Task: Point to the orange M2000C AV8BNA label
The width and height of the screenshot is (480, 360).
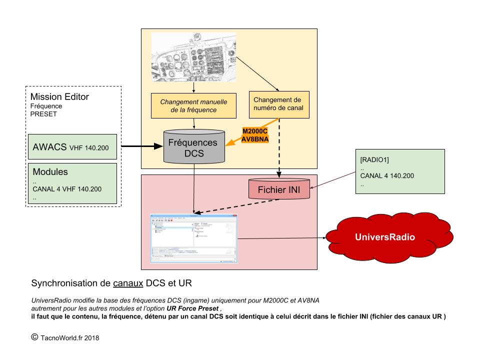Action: [x=255, y=135]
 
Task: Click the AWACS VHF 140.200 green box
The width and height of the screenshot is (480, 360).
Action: [x=72, y=148]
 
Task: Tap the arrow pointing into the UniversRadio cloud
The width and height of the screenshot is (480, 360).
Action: [x=282, y=238]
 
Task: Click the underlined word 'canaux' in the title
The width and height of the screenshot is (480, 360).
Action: [x=128, y=283]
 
